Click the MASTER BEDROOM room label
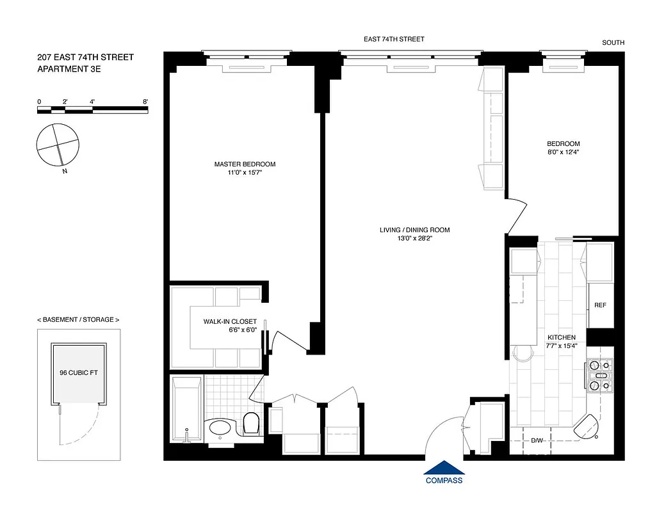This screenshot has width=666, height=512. click(x=245, y=164)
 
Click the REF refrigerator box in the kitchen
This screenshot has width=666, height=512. click(x=600, y=305)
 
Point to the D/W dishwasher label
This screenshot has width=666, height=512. click(x=537, y=441)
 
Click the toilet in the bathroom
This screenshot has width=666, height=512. click(x=251, y=423)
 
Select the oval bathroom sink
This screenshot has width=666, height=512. click(x=221, y=428)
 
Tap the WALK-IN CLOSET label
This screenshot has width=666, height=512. click(x=230, y=321)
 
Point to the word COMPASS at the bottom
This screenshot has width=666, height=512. click(x=444, y=481)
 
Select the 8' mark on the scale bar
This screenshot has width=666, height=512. click(x=145, y=102)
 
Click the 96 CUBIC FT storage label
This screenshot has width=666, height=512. click(x=78, y=372)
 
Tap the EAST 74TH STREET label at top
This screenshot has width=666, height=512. click(x=394, y=39)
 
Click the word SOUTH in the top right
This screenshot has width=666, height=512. click(x=613, y=43)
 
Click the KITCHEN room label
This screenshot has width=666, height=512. click(x=561, y=337)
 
